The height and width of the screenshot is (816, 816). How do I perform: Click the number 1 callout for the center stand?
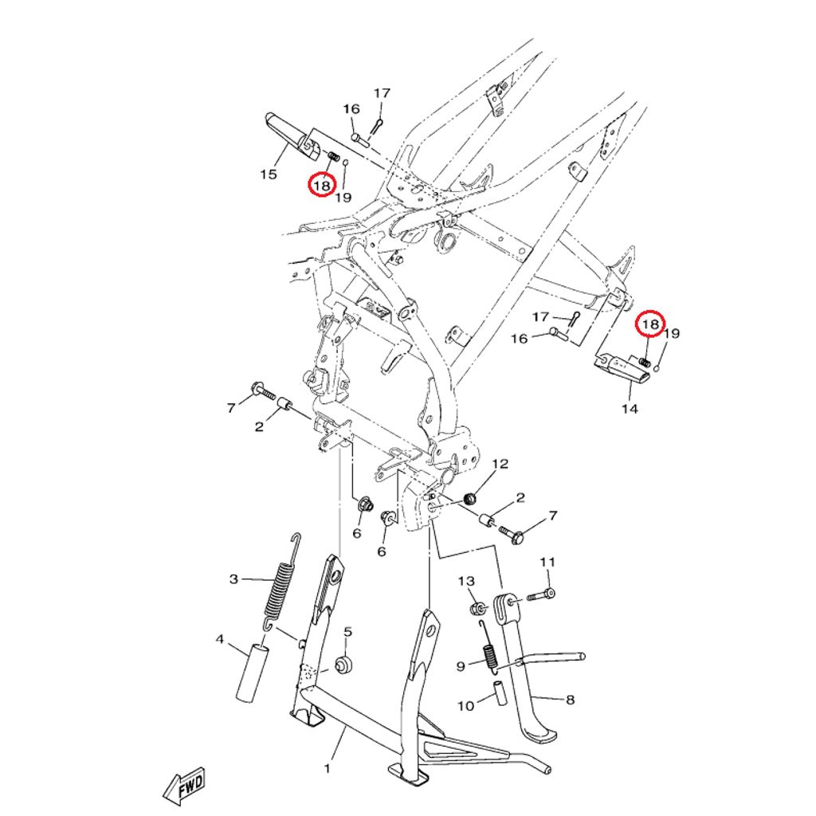click(327, 769)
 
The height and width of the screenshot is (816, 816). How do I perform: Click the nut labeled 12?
click(470, 499)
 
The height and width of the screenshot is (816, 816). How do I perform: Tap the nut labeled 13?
click(476, 610)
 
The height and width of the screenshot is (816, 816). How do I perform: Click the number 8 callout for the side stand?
click(569, 700)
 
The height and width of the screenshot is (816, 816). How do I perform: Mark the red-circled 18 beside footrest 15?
click(321, 186)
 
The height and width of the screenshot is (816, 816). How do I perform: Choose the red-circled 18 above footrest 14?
click(651, 324)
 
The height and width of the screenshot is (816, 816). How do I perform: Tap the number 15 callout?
click(269, 174)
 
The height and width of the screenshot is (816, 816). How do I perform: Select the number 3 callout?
click(233, 579)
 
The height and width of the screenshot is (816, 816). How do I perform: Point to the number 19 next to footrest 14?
click(672, 333)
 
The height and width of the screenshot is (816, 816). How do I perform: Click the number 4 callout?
click(218, 639)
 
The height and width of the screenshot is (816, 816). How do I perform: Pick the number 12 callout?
click(500, 464)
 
